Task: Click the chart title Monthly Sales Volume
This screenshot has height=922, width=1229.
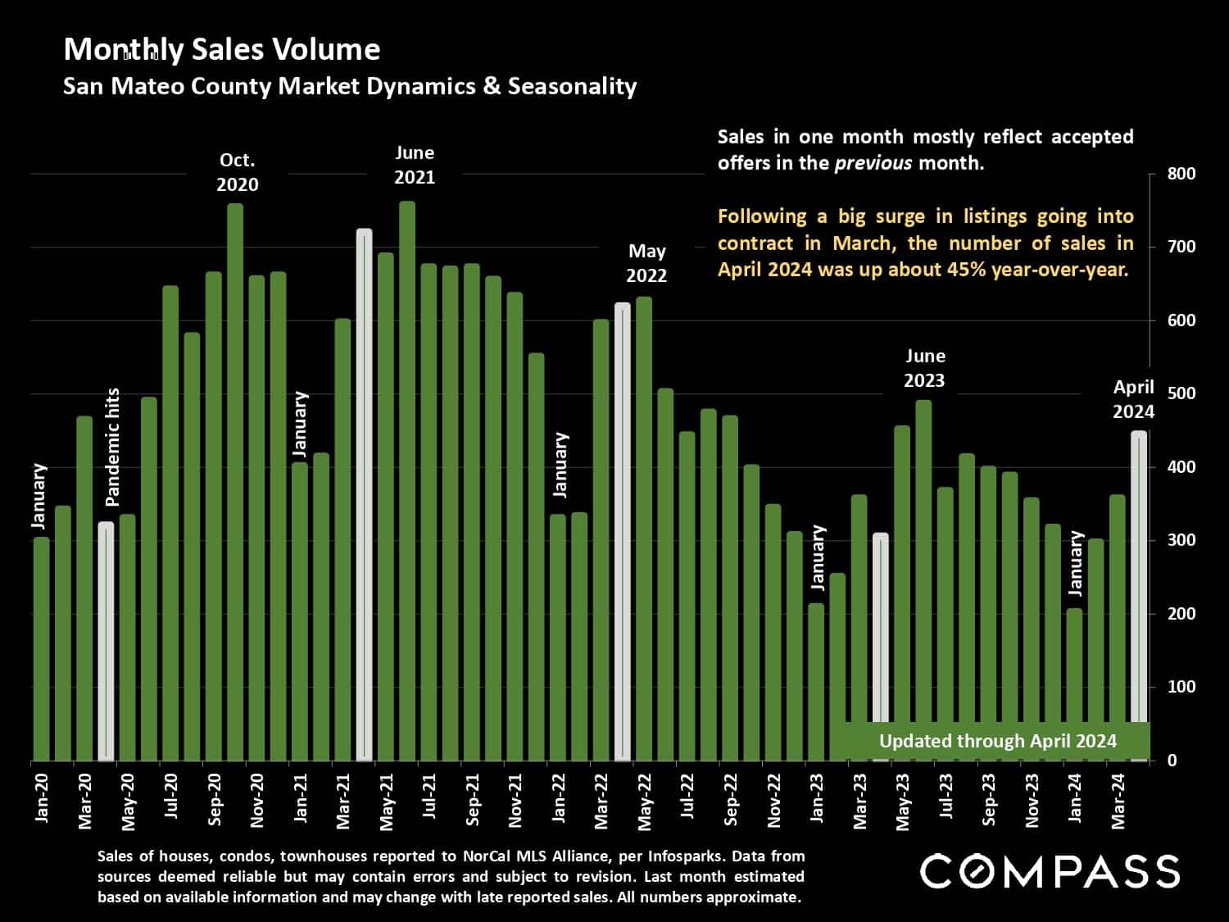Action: [x=221, y=50]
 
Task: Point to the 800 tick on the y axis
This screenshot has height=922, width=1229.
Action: [x=1181, y=174]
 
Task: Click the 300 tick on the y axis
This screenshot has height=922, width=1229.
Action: [x=1181, y=540]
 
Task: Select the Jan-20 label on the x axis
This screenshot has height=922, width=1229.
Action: [x=42, y=797]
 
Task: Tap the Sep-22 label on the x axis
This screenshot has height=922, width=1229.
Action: [x=730, y=799]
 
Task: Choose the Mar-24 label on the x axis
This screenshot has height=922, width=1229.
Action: [x=1118, y=799]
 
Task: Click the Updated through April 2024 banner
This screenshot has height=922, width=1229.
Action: [x=997, y=741]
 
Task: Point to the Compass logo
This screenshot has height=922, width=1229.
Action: [x=1050, y=871]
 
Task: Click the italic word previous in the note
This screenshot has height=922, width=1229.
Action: [x=873, y=162]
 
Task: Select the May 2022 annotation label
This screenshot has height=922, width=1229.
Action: [x=646, y=263]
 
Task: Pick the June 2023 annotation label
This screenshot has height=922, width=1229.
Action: [x=924, y=368]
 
